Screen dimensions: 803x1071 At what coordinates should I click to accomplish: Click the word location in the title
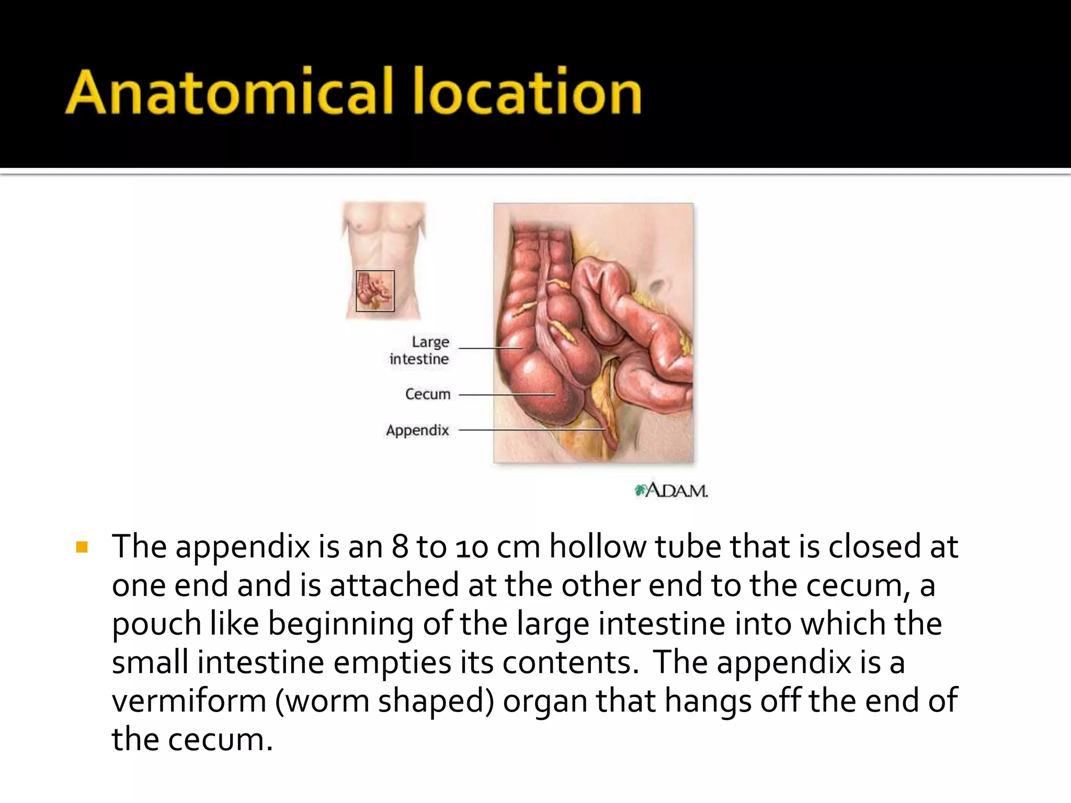coord(527,92)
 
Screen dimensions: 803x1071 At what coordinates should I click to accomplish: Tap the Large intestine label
coord(420,350)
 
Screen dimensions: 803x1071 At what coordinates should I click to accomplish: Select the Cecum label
coord(427,394)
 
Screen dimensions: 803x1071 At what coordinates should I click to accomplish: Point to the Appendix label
coord(417,430)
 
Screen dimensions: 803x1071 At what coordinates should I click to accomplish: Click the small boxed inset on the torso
coord(375,291)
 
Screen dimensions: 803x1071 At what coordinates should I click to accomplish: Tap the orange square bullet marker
coord(82,547)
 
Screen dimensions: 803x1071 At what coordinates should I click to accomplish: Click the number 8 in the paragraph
coord(400,547)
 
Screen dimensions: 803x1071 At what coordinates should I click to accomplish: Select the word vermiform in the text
coord(189,701)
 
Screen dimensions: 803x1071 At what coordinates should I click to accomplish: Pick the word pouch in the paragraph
coord(156,624)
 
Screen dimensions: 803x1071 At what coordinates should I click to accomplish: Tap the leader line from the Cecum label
coord(506,395)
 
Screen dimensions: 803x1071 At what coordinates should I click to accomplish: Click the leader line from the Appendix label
coord(531,430)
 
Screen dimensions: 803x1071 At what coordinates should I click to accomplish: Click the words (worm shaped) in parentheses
coord(384,701)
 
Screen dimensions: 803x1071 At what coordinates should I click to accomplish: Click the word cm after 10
coord(518,547)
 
